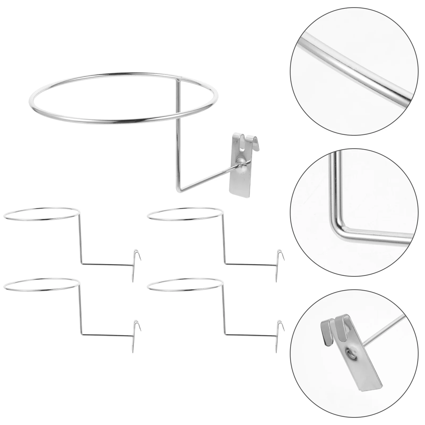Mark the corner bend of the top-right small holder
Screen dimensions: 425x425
225,263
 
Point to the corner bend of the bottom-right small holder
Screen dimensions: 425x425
225,334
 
